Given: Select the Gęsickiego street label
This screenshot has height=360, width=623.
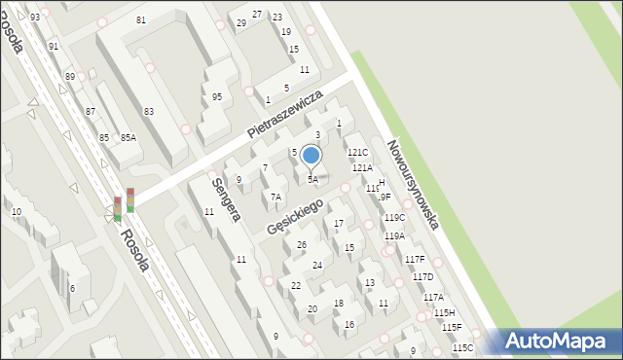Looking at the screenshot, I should (x=296, y=214).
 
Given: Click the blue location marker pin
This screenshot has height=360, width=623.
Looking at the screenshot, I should (x=311, y=156).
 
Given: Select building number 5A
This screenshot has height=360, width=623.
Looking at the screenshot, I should (x=312, y=179).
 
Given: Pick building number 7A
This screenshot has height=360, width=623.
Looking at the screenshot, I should (x=275, y=198).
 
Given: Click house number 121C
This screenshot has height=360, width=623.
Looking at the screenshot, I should (x=358, y=153).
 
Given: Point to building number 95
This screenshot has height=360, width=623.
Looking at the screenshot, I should (x=216, y=96).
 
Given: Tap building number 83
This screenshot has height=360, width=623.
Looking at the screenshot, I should (x=149, y=112).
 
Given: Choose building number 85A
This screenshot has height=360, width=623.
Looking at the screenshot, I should (x=128, y=138).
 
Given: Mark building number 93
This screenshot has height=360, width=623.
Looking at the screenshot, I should (x=35, y=18).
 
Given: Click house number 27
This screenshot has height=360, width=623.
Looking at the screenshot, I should (x=257, y=15).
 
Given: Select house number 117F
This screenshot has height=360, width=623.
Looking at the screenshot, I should (x=415, y=259).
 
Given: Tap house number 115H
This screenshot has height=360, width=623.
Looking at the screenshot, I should (x=444, y=312).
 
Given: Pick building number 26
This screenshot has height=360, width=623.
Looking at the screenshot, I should (x=302, y=244).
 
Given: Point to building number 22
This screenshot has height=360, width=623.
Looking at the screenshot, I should (x=296, y=286).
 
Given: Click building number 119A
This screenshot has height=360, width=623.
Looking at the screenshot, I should (x=394, y=235).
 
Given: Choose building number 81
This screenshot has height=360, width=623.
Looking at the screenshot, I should (x=141, y=20).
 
